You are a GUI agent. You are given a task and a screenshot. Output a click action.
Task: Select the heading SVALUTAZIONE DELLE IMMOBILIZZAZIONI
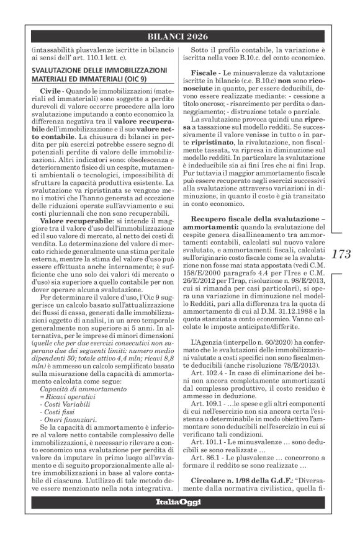(91, 71)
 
